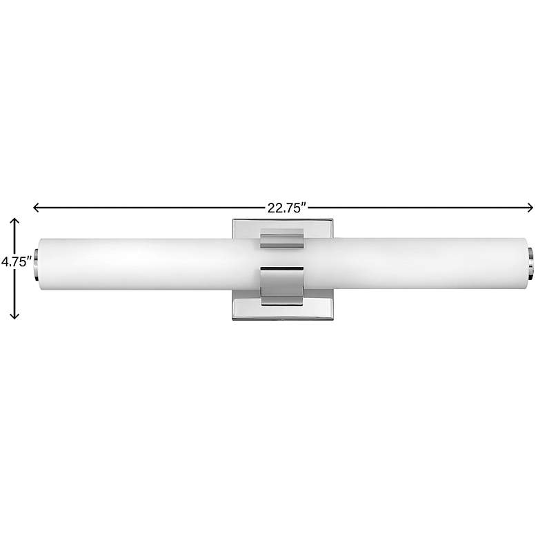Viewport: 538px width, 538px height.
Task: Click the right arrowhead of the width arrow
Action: pos(530,206)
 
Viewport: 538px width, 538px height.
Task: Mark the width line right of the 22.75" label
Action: pos(421,206)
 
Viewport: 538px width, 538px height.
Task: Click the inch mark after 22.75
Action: pos(302,203)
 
